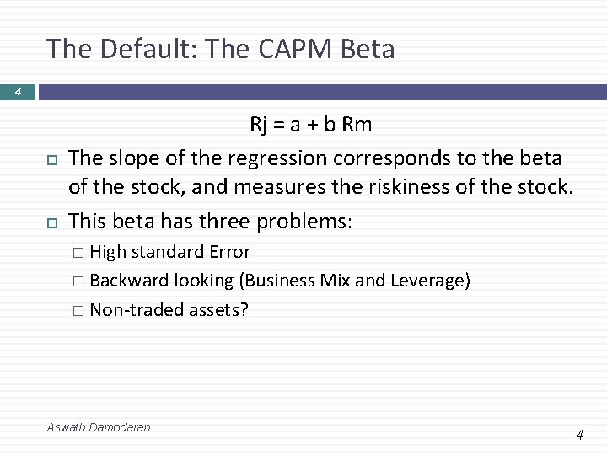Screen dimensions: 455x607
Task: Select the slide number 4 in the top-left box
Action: (17, 92)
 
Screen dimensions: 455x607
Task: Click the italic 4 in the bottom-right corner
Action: (579, 435)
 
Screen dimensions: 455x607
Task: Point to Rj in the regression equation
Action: (259, 126)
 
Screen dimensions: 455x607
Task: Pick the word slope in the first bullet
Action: (137, 158)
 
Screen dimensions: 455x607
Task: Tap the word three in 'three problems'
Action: (227, 221)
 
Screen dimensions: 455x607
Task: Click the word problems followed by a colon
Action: (306, 221)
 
